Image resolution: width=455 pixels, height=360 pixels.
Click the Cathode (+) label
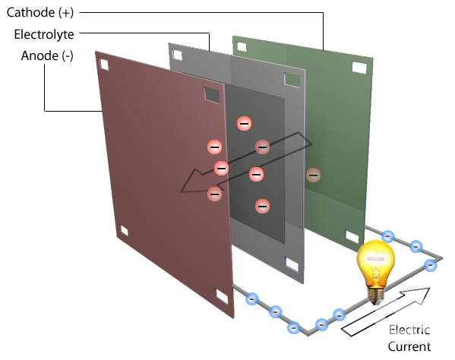pos(40,13)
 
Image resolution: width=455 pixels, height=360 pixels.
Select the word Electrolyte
pos(44,34)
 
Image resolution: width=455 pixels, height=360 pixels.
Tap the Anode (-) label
pos(47,55)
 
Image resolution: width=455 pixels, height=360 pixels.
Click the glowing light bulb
pos(376,272)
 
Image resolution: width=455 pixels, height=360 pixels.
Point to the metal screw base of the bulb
pos(376,295)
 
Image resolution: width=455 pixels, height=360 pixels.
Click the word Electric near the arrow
pos(409,330)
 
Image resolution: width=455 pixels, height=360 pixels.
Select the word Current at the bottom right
pos(409,346)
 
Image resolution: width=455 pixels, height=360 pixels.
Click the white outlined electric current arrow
pos(386,312)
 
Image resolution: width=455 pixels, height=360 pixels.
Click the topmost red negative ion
pos(244,124)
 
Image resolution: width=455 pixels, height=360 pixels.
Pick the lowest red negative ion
pos(262,207)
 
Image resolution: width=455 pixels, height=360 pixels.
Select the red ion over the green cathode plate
pos(313,175)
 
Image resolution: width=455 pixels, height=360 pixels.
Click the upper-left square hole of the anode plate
pos(104,65)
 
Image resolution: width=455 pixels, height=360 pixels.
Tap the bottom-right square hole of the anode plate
pos(222,296)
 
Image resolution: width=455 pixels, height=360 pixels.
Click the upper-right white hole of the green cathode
pos(359,68)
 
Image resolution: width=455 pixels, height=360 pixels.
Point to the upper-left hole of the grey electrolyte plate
pos(177,55)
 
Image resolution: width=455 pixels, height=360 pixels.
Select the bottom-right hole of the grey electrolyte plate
pos(292,264)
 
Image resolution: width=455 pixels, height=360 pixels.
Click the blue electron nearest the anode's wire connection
pos(252,298)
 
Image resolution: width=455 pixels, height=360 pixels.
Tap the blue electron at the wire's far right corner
pos(431,265)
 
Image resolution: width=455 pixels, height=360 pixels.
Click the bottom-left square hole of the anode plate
pos(124,231)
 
